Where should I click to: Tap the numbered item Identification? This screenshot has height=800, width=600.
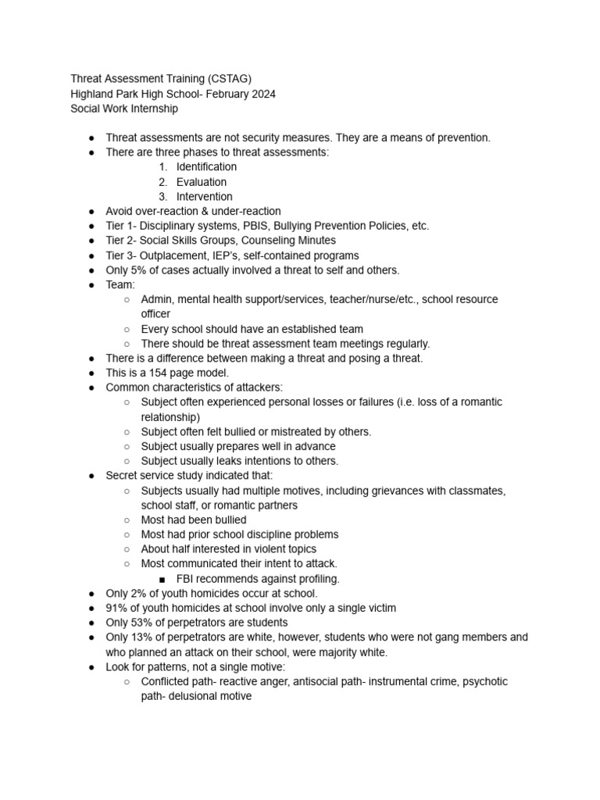pos(206,167)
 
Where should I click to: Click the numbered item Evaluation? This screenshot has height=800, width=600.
pos(202,182)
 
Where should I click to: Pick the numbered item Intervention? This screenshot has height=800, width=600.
pos(204,197)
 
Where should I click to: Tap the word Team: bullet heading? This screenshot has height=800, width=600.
pos(120,285)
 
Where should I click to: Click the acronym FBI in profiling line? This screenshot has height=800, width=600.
pos(186,579)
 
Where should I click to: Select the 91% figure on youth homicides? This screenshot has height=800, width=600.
pos(116,608)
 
